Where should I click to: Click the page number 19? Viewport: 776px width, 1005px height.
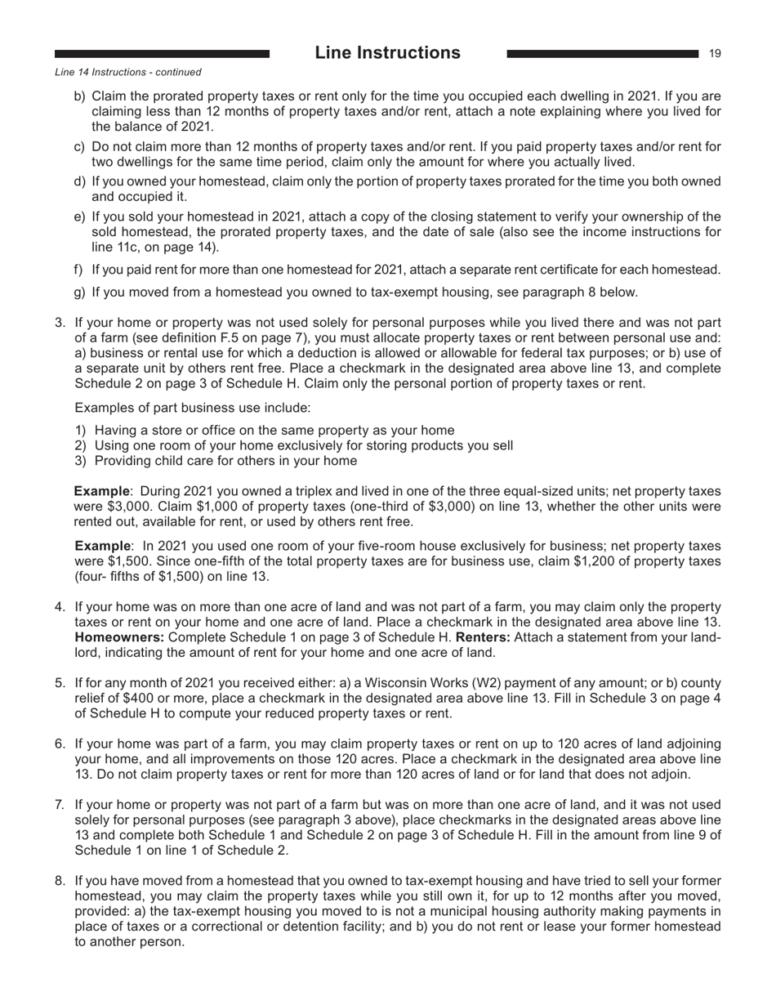tap(714, 54)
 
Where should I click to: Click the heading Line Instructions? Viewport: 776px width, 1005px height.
tap(387, 53)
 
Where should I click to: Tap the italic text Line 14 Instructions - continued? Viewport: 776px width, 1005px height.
tap(128, 72)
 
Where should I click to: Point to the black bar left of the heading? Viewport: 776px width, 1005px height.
tap(162, 54)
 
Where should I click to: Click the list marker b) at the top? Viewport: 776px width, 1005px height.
tap(80, 96)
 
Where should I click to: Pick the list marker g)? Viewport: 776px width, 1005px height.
tap(80, 292)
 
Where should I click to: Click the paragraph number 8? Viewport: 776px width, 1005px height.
tap(60, 881)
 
